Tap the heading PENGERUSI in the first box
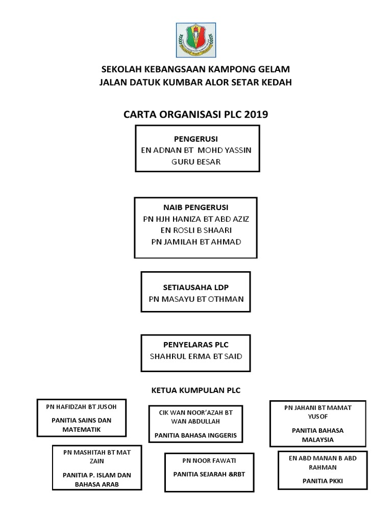(x=196, y=139)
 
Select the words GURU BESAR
(x=196, y=162)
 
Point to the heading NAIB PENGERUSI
(x=196, y=207)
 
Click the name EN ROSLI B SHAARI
(x=196, y=230)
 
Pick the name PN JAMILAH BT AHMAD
(x=196, y=241)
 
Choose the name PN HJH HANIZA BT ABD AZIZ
(x=196, y=219)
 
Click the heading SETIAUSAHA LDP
(x=196, y=288)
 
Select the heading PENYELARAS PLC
(x=196, y=345)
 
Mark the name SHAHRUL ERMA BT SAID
(x=196, y=356)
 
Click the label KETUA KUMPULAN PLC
(x=196, y=390)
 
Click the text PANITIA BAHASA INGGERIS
(x=196, y=435)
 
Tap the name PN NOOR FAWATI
(x=209, y=461)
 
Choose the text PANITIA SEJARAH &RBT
(x=209, y=474)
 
